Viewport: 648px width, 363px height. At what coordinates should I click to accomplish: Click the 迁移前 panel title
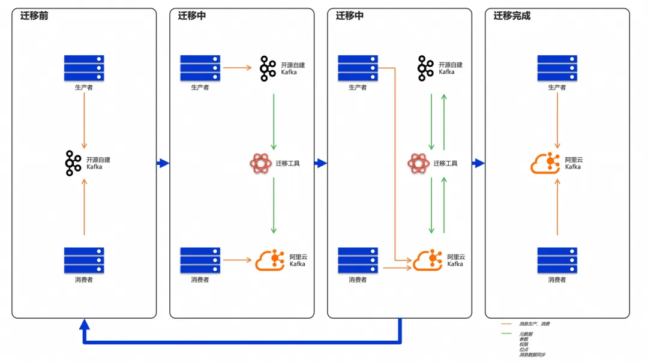coord(34,16)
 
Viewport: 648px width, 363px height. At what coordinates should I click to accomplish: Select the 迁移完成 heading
coord(512,16)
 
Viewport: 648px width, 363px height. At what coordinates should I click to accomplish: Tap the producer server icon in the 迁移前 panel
coord(84,68)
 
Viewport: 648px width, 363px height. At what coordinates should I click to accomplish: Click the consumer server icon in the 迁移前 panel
coord(84,260)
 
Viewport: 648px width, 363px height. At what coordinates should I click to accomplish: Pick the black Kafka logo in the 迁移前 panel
coord(73,163)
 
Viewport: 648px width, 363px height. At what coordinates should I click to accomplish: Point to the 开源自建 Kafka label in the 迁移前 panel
coord(98,163)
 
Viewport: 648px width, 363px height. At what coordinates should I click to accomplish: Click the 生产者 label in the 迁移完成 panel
coord(557,88)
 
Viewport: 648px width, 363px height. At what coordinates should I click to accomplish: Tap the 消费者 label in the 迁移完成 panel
coord(557,280)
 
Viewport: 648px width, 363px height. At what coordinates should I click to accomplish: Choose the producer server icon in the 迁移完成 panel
coord(557,68)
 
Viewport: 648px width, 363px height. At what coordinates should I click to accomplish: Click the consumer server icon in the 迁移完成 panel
coord(557,260)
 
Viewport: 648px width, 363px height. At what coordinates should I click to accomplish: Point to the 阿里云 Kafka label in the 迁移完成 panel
coord(574,163)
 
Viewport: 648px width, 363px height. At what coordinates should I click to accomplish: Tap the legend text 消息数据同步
coord(532,355)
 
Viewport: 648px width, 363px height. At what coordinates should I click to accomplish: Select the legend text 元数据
coord(526,334)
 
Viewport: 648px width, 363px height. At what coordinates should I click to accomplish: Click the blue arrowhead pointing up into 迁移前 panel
coord(85,325)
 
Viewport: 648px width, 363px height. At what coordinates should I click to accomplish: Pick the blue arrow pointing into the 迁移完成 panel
coord(478,163)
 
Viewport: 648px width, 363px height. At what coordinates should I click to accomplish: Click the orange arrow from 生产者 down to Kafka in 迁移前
coord(84,120)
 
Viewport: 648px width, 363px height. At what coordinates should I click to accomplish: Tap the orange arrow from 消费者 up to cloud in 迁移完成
coord(557,204)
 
